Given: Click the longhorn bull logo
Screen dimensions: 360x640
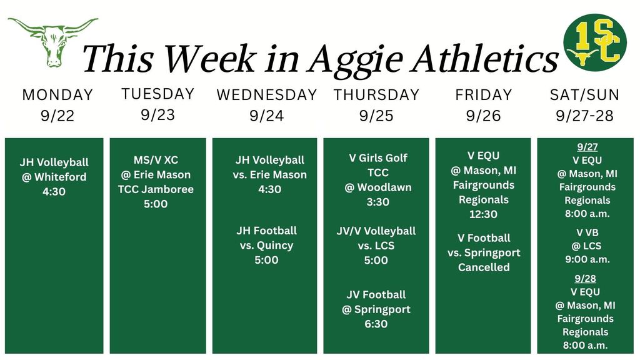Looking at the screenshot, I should tap(53, 41).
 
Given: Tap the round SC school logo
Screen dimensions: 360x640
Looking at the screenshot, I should tap(594, 43).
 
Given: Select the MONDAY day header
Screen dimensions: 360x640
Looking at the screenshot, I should tap(57, 95).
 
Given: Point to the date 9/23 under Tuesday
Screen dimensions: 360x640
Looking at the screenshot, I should tap(157, 115).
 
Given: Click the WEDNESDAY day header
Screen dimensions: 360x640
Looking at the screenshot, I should tap(267, 95).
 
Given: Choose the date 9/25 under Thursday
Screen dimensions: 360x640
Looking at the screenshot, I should tap(376, 116).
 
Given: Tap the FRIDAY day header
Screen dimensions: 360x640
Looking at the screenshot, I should tap(483, 95).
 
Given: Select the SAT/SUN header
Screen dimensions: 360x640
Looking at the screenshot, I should tap(584, 95).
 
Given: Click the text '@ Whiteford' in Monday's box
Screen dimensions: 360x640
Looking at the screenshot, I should tap(54, 177).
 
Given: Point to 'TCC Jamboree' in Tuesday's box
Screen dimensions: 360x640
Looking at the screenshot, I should tap(156, 189).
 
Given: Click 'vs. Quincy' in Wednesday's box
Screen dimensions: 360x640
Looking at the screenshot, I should tap(266, 245).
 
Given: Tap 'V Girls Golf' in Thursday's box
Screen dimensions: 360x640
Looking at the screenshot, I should tap(377, 157).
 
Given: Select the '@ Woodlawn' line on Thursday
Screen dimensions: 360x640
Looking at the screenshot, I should tap(377, 187).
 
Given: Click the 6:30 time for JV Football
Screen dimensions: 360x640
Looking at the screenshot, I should tap(376, 324).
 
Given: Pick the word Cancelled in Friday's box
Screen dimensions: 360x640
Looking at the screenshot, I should tap(484, 267).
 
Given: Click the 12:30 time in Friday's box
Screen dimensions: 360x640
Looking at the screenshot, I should tap(483, 214).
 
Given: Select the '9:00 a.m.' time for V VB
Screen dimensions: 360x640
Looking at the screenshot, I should tap(587, 259).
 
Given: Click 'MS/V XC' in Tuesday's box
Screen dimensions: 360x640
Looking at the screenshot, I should tap(156, 160).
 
